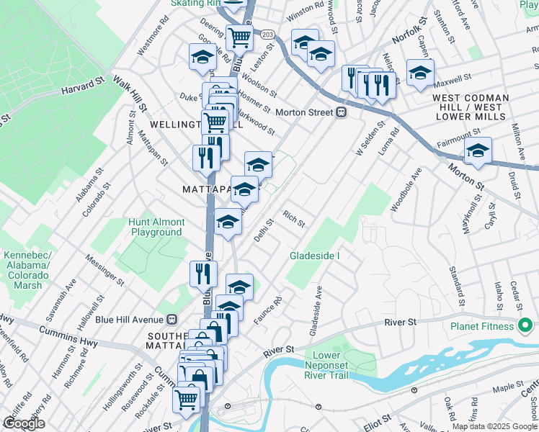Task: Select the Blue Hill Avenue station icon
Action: point(171,320)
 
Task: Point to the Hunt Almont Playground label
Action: point(156,227)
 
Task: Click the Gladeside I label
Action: point(314,256)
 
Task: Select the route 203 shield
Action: point(267,35)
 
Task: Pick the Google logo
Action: point(24,423)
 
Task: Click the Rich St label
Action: point(294,218)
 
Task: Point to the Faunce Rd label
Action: point(266,310)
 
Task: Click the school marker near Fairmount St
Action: point(477,150)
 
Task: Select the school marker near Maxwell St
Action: point(420,73)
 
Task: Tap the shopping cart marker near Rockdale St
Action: point(187,397)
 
